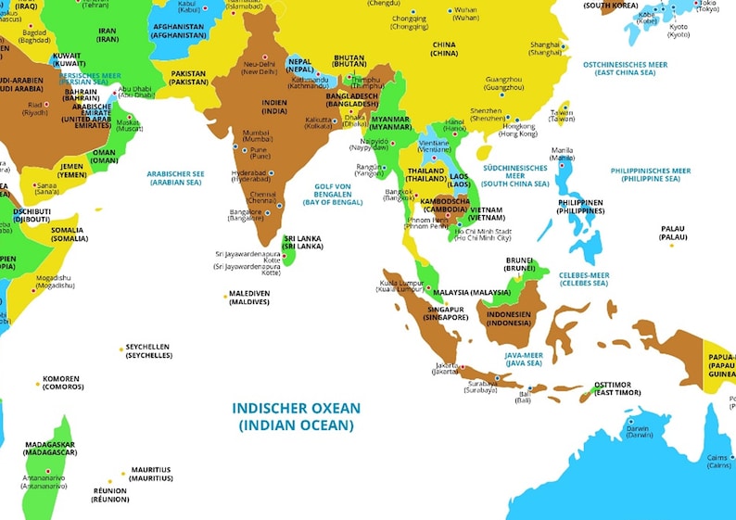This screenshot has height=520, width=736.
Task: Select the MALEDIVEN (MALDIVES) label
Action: point(248,298)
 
